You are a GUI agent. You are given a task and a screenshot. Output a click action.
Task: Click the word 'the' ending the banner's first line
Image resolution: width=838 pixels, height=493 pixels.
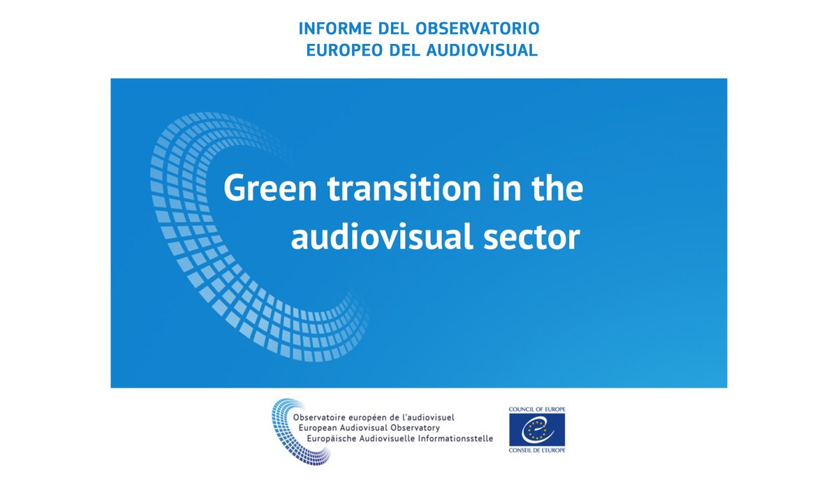click(x=553, y=189)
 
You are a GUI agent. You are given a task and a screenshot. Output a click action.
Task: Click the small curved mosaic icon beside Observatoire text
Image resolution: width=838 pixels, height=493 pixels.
click(x=288, y=429)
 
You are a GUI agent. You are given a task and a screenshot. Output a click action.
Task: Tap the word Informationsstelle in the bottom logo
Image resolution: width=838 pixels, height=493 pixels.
click(x=450, y=438)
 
